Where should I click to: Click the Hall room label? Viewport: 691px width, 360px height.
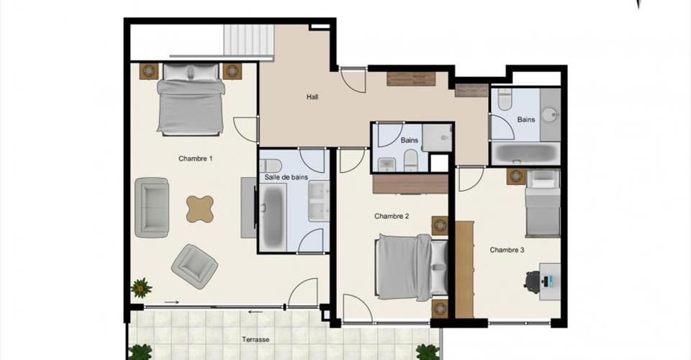pos(312,97)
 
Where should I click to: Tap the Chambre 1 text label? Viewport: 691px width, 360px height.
pos(195,158)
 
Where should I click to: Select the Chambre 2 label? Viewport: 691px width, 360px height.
pos(392,216)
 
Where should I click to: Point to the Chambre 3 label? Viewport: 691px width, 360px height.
pos(507,251)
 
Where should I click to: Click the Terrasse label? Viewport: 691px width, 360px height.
pos(256,340)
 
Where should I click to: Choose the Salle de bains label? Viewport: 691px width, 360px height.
pos(286,177)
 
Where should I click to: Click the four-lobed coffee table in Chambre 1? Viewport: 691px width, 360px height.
pos(200,209)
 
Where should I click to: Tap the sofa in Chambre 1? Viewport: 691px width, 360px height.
pos(152,207)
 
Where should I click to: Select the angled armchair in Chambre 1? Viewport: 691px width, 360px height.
pos(194,266)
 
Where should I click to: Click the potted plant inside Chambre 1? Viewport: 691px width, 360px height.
pos(141,288)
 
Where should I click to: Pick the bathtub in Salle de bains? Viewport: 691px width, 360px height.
pos(272,217)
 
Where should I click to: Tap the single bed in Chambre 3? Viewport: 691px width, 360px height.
pos(543,203)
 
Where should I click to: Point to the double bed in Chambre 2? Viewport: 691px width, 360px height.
pos(411,267)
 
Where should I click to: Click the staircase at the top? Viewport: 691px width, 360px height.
pos(248,40)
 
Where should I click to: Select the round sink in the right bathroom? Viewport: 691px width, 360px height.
pos(549,114)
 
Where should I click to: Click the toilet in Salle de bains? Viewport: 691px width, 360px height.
pos(271,166)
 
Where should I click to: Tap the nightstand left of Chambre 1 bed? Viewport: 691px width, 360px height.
pos(149,71)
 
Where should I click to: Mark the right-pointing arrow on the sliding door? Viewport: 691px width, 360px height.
pos(172,302)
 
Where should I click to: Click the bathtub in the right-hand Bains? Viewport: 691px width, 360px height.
pos(525,153)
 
